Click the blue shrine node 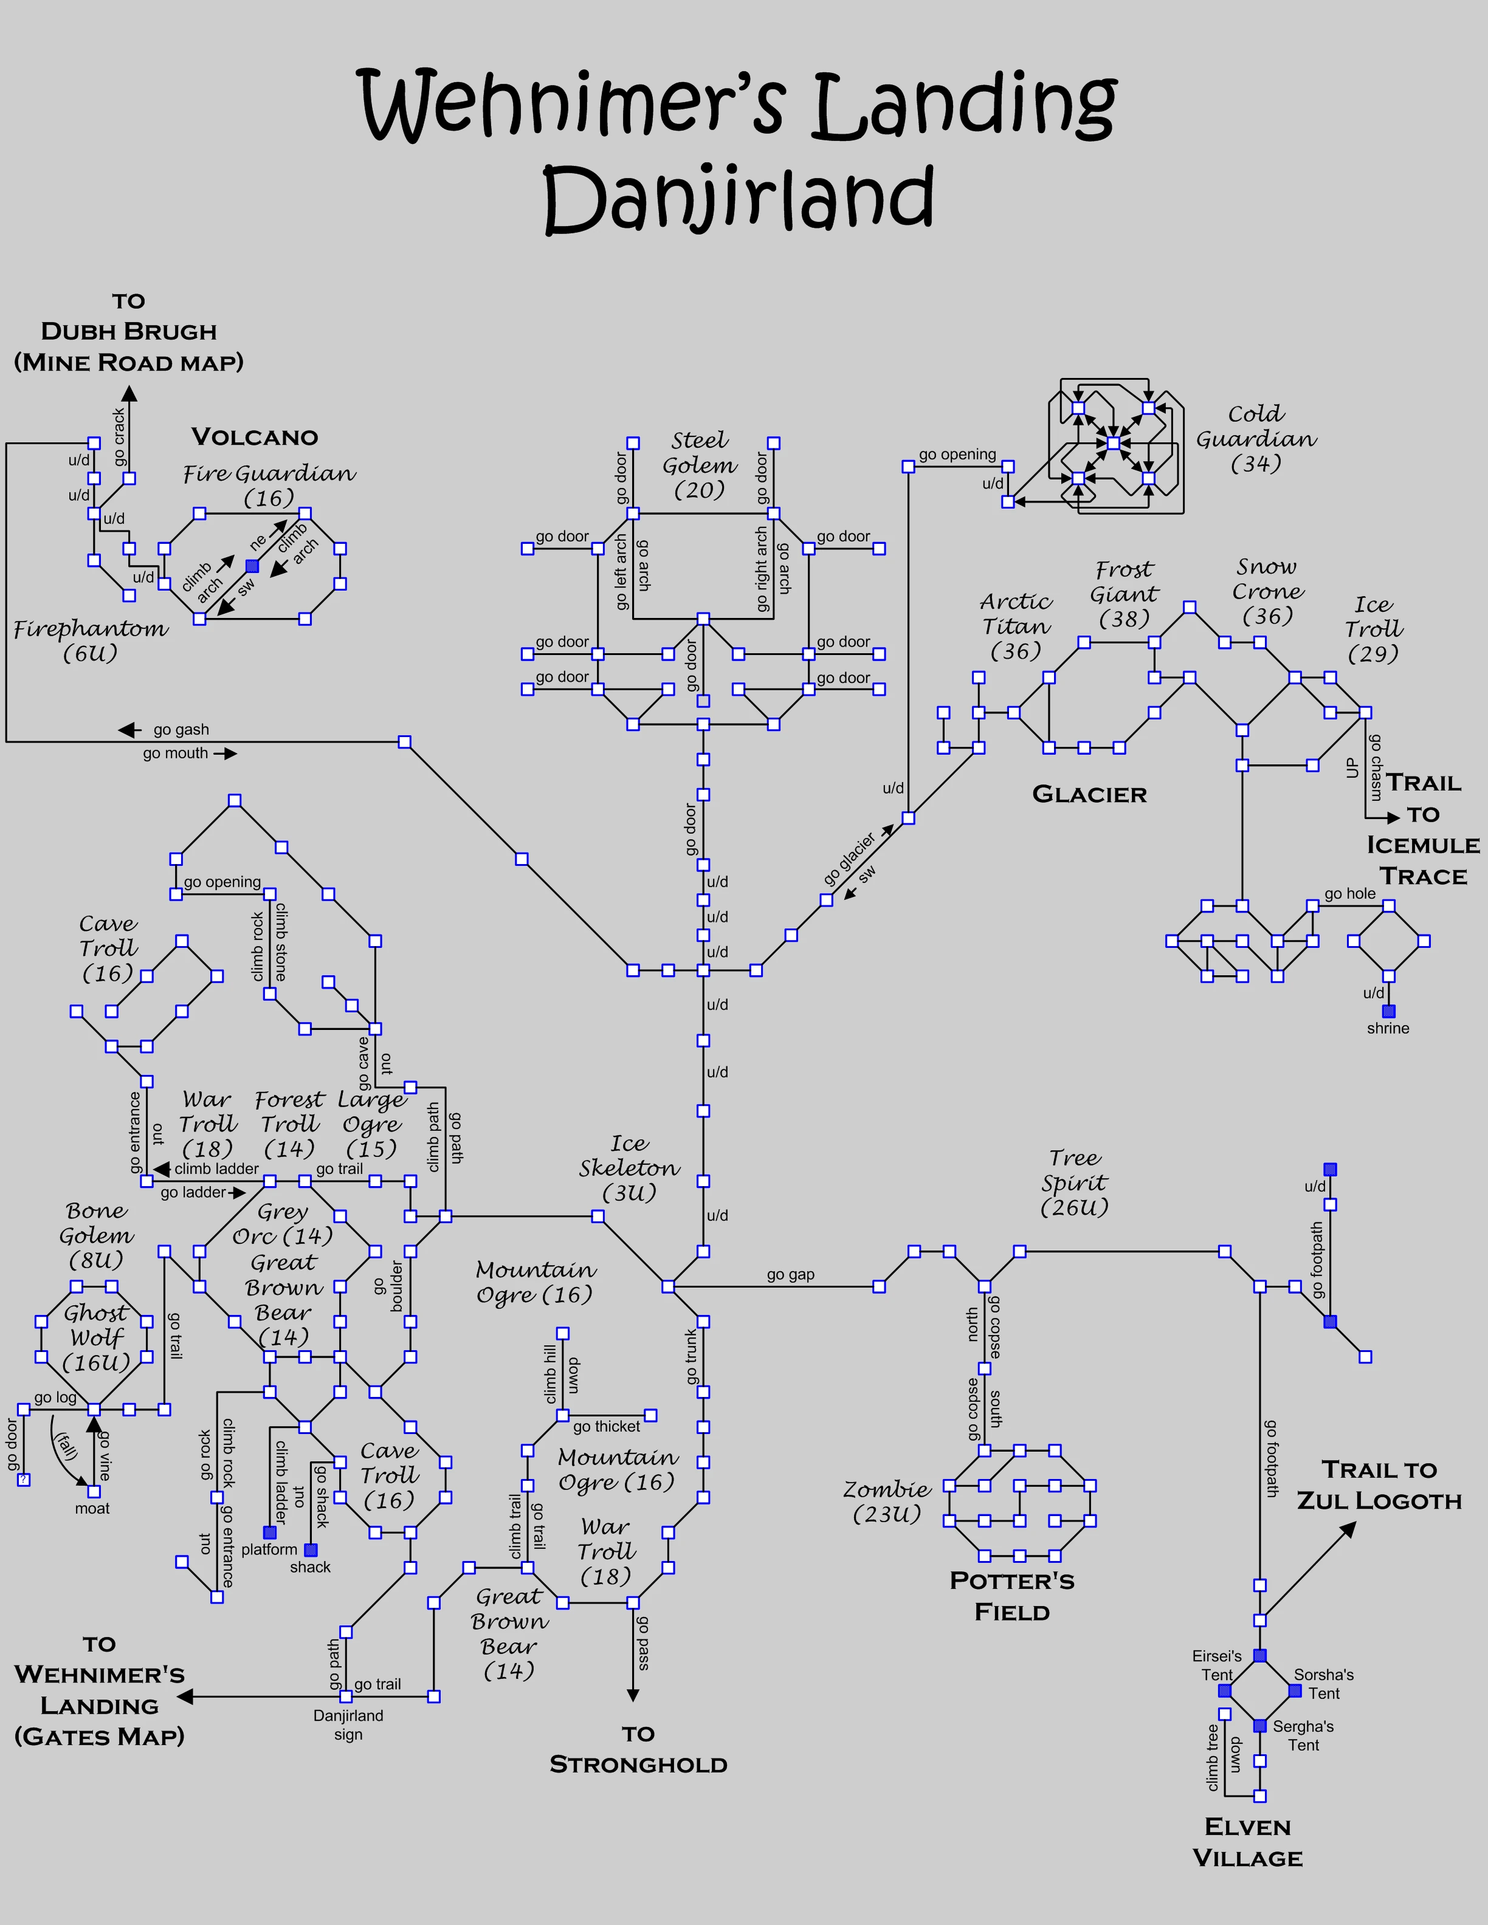(x=1388, y=1011)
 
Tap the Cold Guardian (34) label (x=1256, y=439)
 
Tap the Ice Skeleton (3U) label (x=629, y=1168)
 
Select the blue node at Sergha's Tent (x=1259, y=1726)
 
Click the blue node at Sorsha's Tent (x=1295, y=1690)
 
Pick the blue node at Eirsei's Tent (x=1224, y=1690)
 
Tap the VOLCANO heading (x=255, y=437)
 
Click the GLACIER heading (x=1089, y=795)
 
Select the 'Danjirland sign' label (x=348, y=1725)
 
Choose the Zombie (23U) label (x=887, y=1501)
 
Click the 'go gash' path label (x=181, y=730)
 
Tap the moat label (x=92, y=1509)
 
